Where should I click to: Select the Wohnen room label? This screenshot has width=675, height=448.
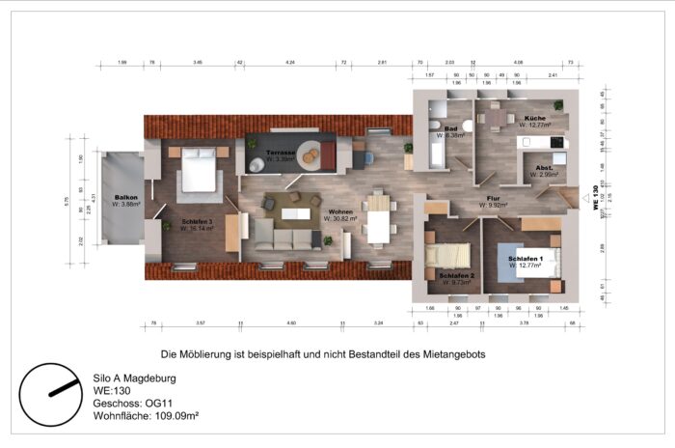[x=339, y=212]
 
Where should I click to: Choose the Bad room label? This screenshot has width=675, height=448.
[x=450, y=128]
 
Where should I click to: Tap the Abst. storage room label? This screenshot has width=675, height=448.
[x=543, y=167]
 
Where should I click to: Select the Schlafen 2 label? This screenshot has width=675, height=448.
[x=454, y=276]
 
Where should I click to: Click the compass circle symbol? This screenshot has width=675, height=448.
[x=52, y=393]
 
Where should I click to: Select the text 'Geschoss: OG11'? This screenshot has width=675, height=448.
[x=130, y=403]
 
